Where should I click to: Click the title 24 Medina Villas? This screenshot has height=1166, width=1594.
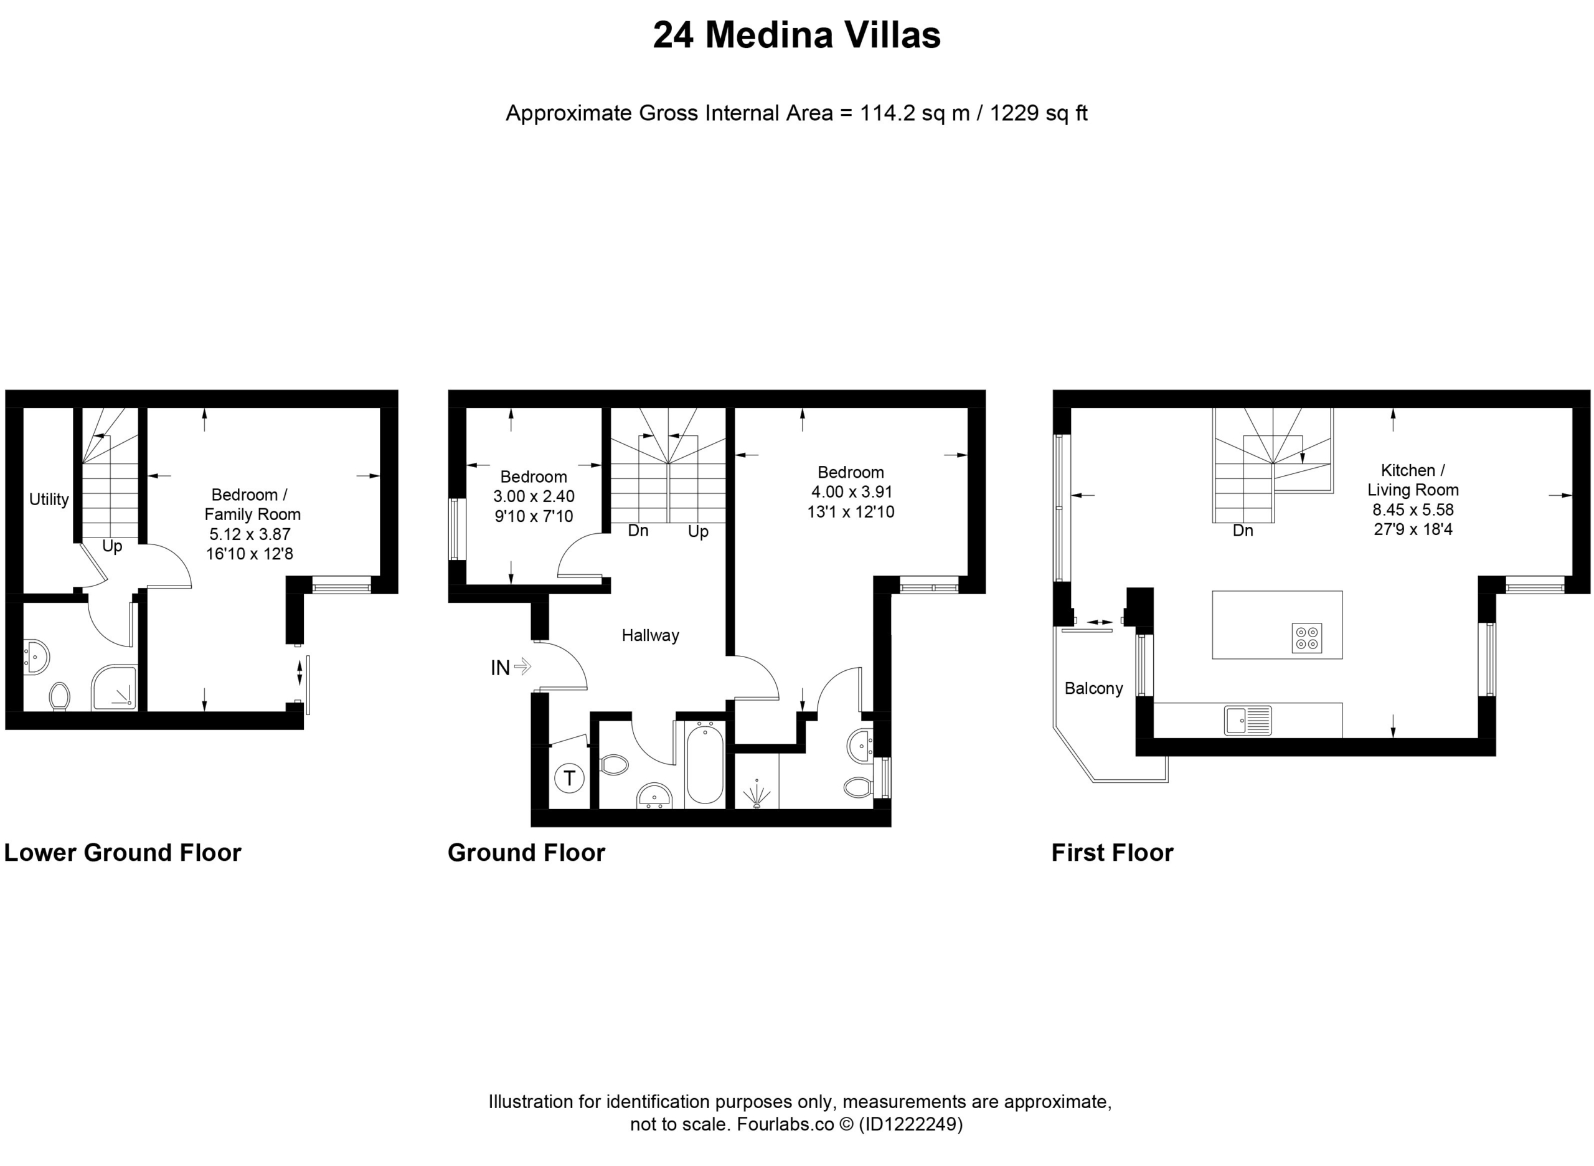tap(796, 36)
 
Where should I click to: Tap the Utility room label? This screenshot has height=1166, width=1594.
tap(49, 499)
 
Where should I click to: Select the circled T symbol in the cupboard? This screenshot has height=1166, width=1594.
tap(570, 779)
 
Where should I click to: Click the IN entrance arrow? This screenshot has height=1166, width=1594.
tap(522, 666)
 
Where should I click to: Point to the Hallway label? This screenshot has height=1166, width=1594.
tap(651, 635)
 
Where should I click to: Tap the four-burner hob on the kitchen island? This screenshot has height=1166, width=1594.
tap(1307, 638)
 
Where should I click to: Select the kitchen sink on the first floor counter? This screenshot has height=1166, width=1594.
tap(1248, 721)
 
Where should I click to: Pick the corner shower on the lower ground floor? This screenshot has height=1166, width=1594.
tap(115, 688)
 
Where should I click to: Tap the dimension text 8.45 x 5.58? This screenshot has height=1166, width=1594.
tap(1413, 510)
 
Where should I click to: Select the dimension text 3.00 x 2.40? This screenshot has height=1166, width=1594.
tap(534, 496)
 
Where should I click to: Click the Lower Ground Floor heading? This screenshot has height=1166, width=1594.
tap(123, 853)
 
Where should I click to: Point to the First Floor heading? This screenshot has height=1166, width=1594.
tap(1113, 853)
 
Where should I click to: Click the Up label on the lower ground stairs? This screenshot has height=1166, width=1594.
tap(112, 546)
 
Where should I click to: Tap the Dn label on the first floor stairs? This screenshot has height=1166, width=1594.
tap(1243, 531)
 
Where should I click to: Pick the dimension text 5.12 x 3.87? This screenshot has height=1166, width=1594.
tap(250, 534)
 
